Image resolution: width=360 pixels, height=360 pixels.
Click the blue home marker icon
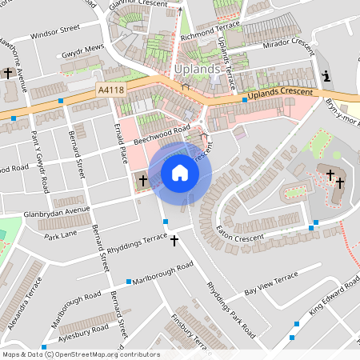coord(180,172)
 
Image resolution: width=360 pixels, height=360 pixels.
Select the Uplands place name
coord(196,70)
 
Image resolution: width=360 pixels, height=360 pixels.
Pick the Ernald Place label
coord(121,143)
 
